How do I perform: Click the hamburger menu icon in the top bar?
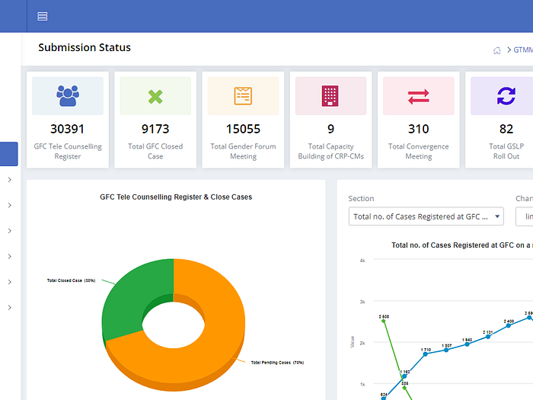(43, 16)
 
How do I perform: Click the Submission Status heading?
(85, 47)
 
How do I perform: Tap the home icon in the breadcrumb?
(498, 50)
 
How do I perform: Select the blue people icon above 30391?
(68, 96)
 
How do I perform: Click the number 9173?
(155, 129)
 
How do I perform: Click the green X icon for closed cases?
(155, 96)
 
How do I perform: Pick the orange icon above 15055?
(243, 96)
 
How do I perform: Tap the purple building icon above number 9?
(330, 96)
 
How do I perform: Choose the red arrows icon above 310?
(418, 96)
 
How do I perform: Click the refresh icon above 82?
(506, 96)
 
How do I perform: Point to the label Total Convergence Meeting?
(418, 151)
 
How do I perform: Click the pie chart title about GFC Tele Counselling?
(176, 197)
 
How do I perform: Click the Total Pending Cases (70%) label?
(277, 363)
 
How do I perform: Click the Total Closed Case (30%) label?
(71, 280)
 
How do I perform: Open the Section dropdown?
(426, 216)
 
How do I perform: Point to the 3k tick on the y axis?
(362, 302)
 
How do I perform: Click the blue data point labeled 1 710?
(425, 354)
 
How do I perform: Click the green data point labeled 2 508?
(384, 321)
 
